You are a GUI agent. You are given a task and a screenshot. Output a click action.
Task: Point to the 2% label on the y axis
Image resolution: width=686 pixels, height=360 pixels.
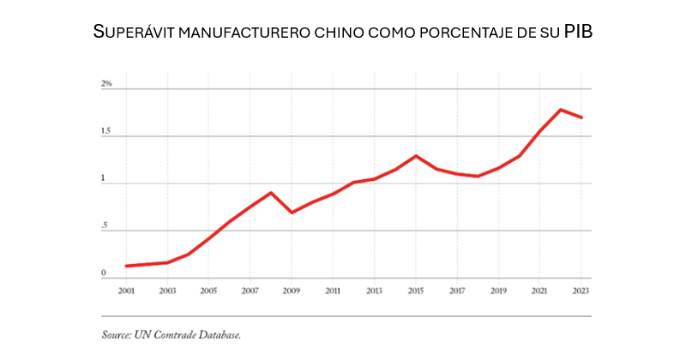[106, 84]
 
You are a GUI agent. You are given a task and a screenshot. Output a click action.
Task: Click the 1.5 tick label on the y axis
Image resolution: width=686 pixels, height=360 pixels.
[106, 131]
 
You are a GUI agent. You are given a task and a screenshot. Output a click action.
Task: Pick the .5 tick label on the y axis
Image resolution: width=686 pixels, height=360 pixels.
[104, 226]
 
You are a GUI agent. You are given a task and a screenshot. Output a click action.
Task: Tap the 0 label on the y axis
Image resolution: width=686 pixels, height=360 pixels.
[103, 274]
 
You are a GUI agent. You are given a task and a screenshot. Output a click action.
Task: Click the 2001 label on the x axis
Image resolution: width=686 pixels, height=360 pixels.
[126, 291]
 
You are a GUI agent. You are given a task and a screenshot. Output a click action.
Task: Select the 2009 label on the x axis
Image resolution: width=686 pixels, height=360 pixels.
[292, 291]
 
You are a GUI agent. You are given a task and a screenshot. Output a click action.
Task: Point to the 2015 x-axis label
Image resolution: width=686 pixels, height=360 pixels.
[416, 291]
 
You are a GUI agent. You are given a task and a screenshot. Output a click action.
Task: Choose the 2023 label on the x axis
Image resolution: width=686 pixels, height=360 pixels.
[581, 291]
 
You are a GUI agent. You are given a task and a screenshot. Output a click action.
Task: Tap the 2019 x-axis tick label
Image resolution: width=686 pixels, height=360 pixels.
[498, 291]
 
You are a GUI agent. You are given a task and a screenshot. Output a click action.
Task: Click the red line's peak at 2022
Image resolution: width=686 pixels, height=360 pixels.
[561, 110]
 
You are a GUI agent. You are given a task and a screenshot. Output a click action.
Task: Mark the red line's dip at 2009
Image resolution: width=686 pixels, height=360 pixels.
[292, 212]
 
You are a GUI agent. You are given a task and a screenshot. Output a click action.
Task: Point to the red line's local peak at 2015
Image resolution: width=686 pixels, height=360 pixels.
[416, 156]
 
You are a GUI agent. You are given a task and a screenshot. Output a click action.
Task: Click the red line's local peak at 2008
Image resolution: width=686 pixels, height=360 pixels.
[271, 193]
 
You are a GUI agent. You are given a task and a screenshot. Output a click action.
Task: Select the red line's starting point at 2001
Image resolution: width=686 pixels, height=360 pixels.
[126, 266]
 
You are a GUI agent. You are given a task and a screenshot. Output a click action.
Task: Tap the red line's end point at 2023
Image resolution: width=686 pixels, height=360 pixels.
[581, 117]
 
